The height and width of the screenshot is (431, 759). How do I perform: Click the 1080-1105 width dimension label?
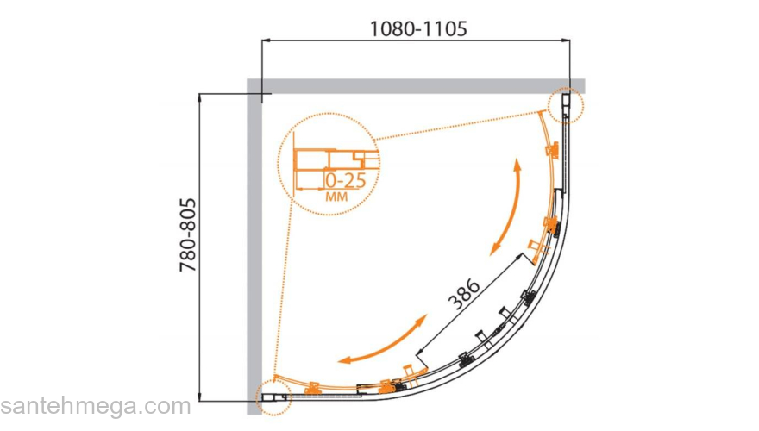click(x=418, y=29)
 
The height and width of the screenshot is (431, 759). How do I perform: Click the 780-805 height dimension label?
click(x=188, y=234)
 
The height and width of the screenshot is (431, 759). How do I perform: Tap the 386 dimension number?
click(x=464, y=294)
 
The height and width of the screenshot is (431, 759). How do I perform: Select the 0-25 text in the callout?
click(x=346, y=180)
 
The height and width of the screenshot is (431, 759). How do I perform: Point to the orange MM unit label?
click(x=337, y=197)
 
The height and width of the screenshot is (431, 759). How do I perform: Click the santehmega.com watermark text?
click(x=96, y=406)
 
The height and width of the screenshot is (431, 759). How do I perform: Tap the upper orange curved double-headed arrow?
click(x=507, y=207)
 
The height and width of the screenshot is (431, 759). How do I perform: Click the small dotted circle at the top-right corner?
click(x=566, y=105)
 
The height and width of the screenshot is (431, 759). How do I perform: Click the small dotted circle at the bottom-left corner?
click(x=273, y=397)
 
